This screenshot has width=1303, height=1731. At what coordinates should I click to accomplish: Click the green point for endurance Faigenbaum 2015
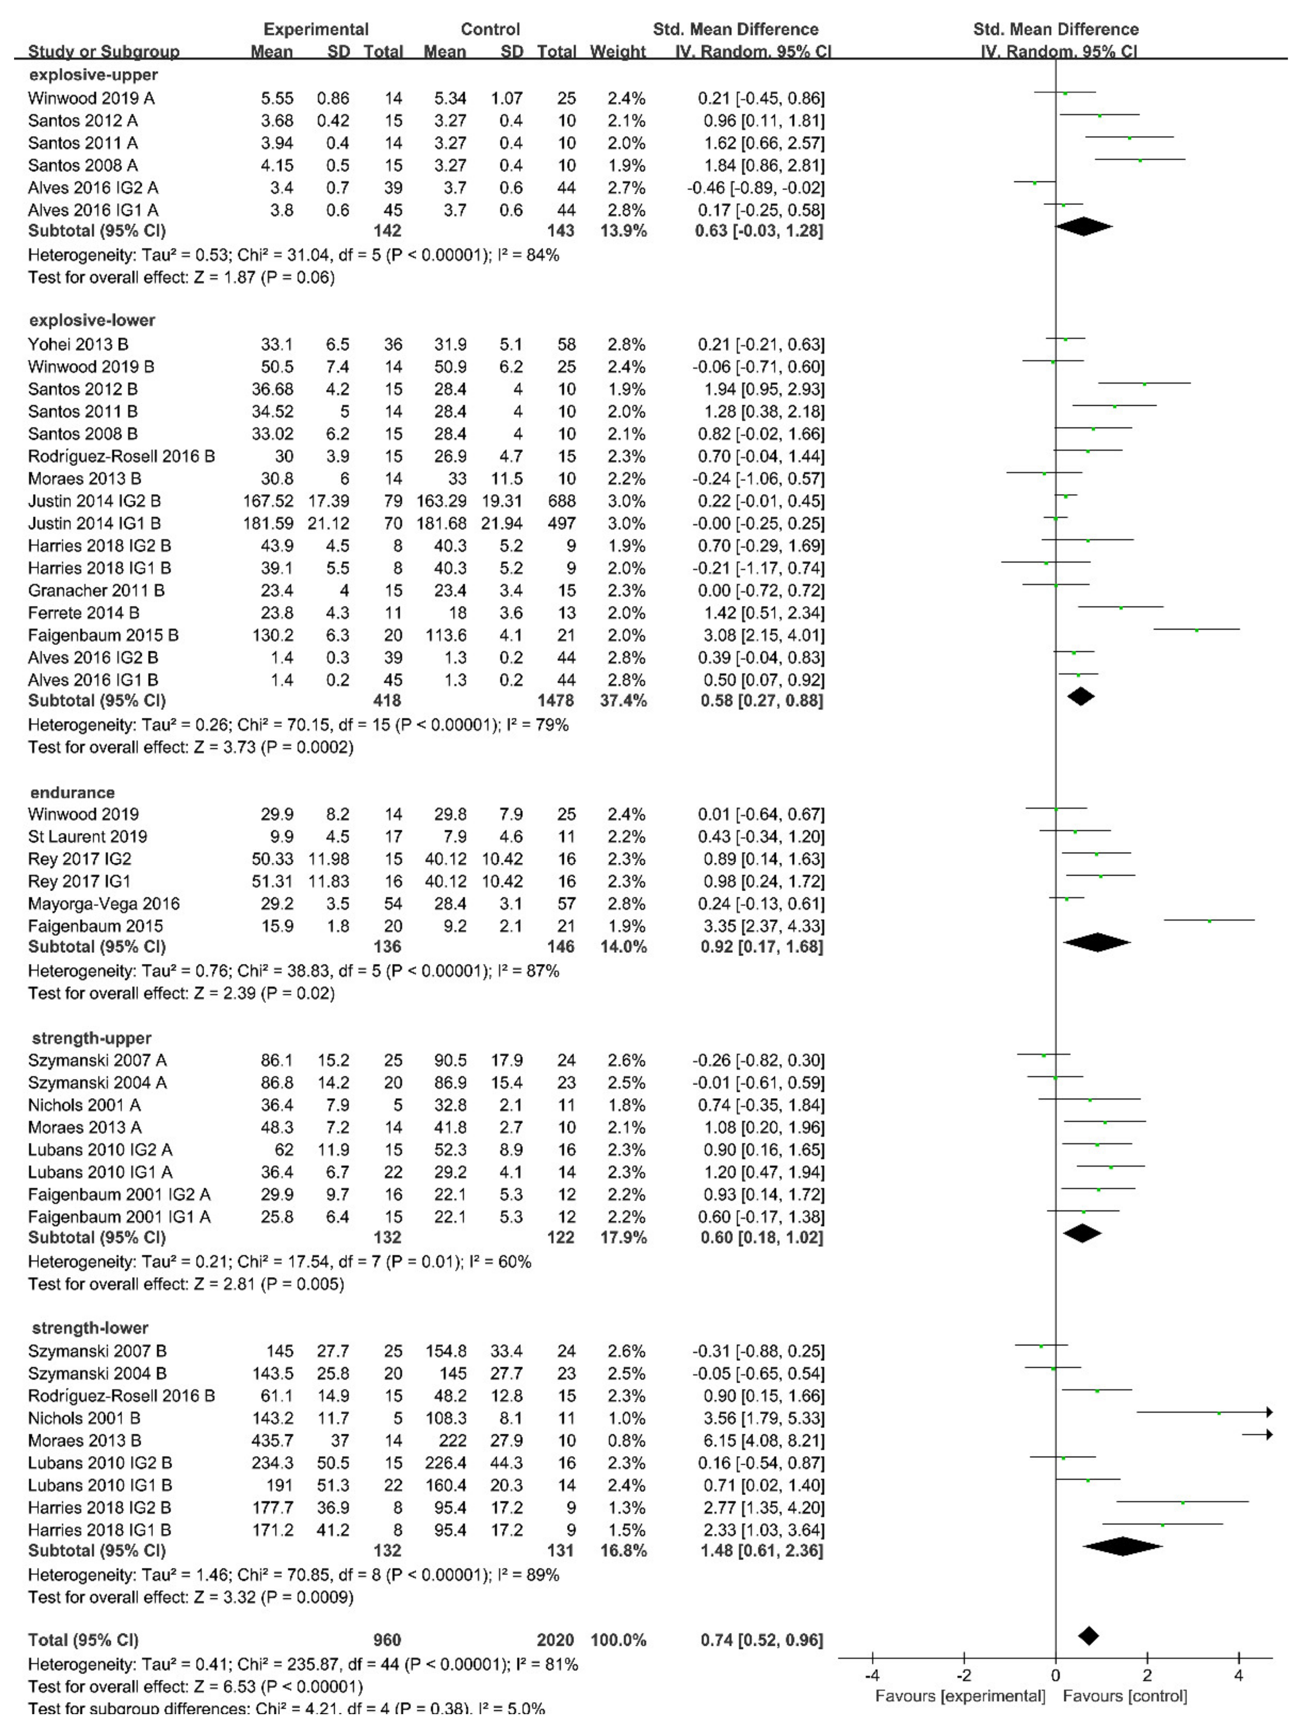click(x=1209, y=921)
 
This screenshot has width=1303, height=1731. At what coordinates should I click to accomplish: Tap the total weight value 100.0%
click(x=618, y=1640)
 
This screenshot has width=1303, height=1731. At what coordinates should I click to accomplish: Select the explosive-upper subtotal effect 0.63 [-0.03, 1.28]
click(x=759, y=231)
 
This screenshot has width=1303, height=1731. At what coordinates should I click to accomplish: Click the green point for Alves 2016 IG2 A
click(x=1035, y=182)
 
